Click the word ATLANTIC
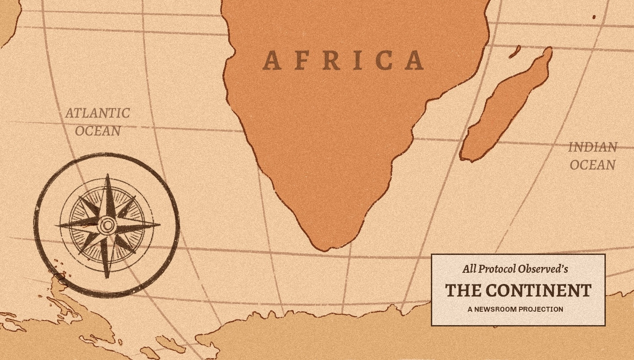[x=98, y=113]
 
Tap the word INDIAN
[x=592, y=147]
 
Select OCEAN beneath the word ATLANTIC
[x=98, y=131]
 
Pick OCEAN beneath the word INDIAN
[x=592, y=165]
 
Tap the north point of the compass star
[x=108, y=176]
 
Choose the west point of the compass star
[x=56, y=225]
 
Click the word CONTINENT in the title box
[x=539, y=291]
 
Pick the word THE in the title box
[x=463, y=291]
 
